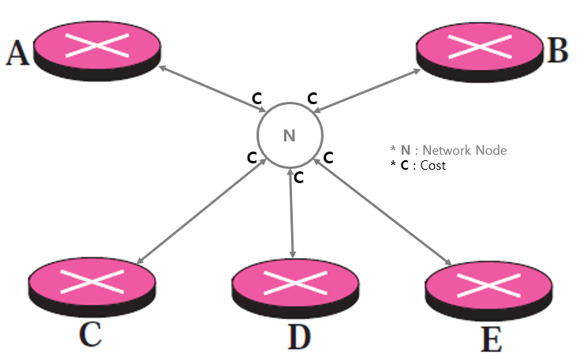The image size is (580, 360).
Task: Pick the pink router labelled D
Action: (294, 283)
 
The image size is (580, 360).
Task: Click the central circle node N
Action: (289, 136)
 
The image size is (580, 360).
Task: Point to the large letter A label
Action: (17, 54)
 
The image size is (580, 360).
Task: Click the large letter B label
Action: (557, 51)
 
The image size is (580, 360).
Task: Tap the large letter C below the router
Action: (90, 334)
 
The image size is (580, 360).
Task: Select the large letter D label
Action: (298, 336)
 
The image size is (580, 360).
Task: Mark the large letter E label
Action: (491, 340)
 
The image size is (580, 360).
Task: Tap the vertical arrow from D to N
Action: (293, 213)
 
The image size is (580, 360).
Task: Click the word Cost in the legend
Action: (433, 166)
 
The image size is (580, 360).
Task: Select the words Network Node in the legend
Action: (465, 150)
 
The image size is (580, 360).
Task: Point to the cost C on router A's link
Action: (256, 99)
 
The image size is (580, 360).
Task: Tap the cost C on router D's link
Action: (299, 178)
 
